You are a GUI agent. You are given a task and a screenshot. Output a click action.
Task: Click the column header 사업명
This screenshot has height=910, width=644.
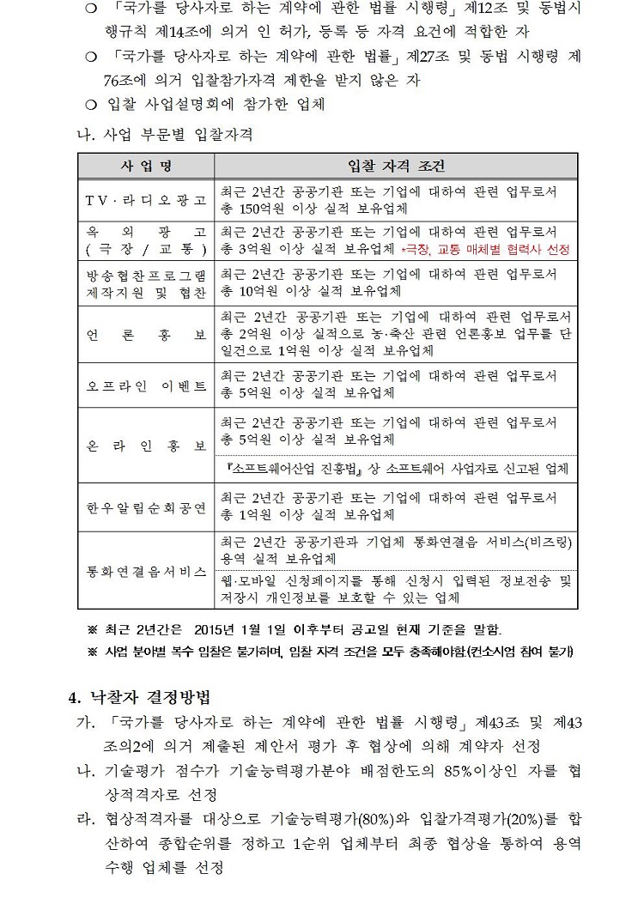[146, 165]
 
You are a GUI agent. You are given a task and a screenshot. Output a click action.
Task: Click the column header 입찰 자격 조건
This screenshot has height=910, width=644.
[396, 165]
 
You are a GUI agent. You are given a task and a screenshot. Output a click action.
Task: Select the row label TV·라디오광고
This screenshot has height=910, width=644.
[146, 200]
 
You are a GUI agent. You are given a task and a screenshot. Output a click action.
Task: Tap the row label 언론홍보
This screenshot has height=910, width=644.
[146, 334]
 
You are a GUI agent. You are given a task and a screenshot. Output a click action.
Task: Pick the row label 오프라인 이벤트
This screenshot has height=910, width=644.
[146, 385]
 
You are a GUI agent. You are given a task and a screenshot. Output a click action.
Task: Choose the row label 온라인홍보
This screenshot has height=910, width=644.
[146, 447]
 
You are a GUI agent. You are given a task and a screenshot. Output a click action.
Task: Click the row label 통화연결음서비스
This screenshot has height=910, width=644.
[146, 570]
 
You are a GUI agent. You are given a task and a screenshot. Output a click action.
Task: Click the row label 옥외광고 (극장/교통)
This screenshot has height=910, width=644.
[146, 240]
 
